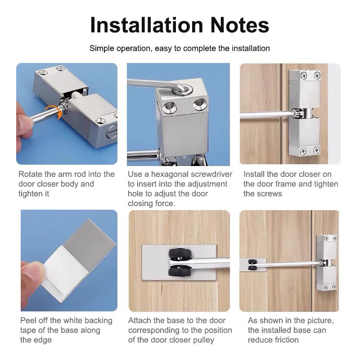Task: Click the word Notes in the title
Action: pos(239,25)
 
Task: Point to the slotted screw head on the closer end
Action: pos(112,132)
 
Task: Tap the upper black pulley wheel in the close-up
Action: pos(180,253)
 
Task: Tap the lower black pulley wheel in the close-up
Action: pos(180,271)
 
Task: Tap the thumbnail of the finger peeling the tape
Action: pos(69,261)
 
